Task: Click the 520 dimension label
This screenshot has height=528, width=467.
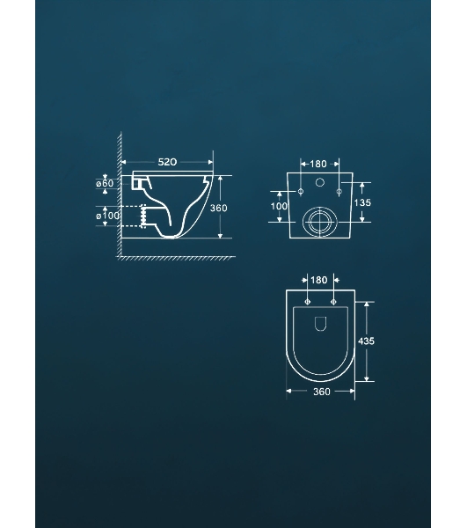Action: [x=167, y=162]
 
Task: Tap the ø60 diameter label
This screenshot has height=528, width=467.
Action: [x=105, y=184]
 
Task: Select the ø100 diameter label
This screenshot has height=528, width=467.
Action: [x=107, y=216]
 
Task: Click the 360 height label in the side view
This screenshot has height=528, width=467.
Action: [x=219, y=208]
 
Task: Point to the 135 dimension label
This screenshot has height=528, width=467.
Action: [x=362, y=202]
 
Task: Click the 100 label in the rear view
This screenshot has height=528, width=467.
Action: [x=279, y=206]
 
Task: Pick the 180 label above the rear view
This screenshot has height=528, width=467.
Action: [x=318, y=164]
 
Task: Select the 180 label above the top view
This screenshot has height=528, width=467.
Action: [x=318, y=280]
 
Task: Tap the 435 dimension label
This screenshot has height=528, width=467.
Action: [x=366, y=341]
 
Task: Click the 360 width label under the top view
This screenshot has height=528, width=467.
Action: [x=322, y=392]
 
